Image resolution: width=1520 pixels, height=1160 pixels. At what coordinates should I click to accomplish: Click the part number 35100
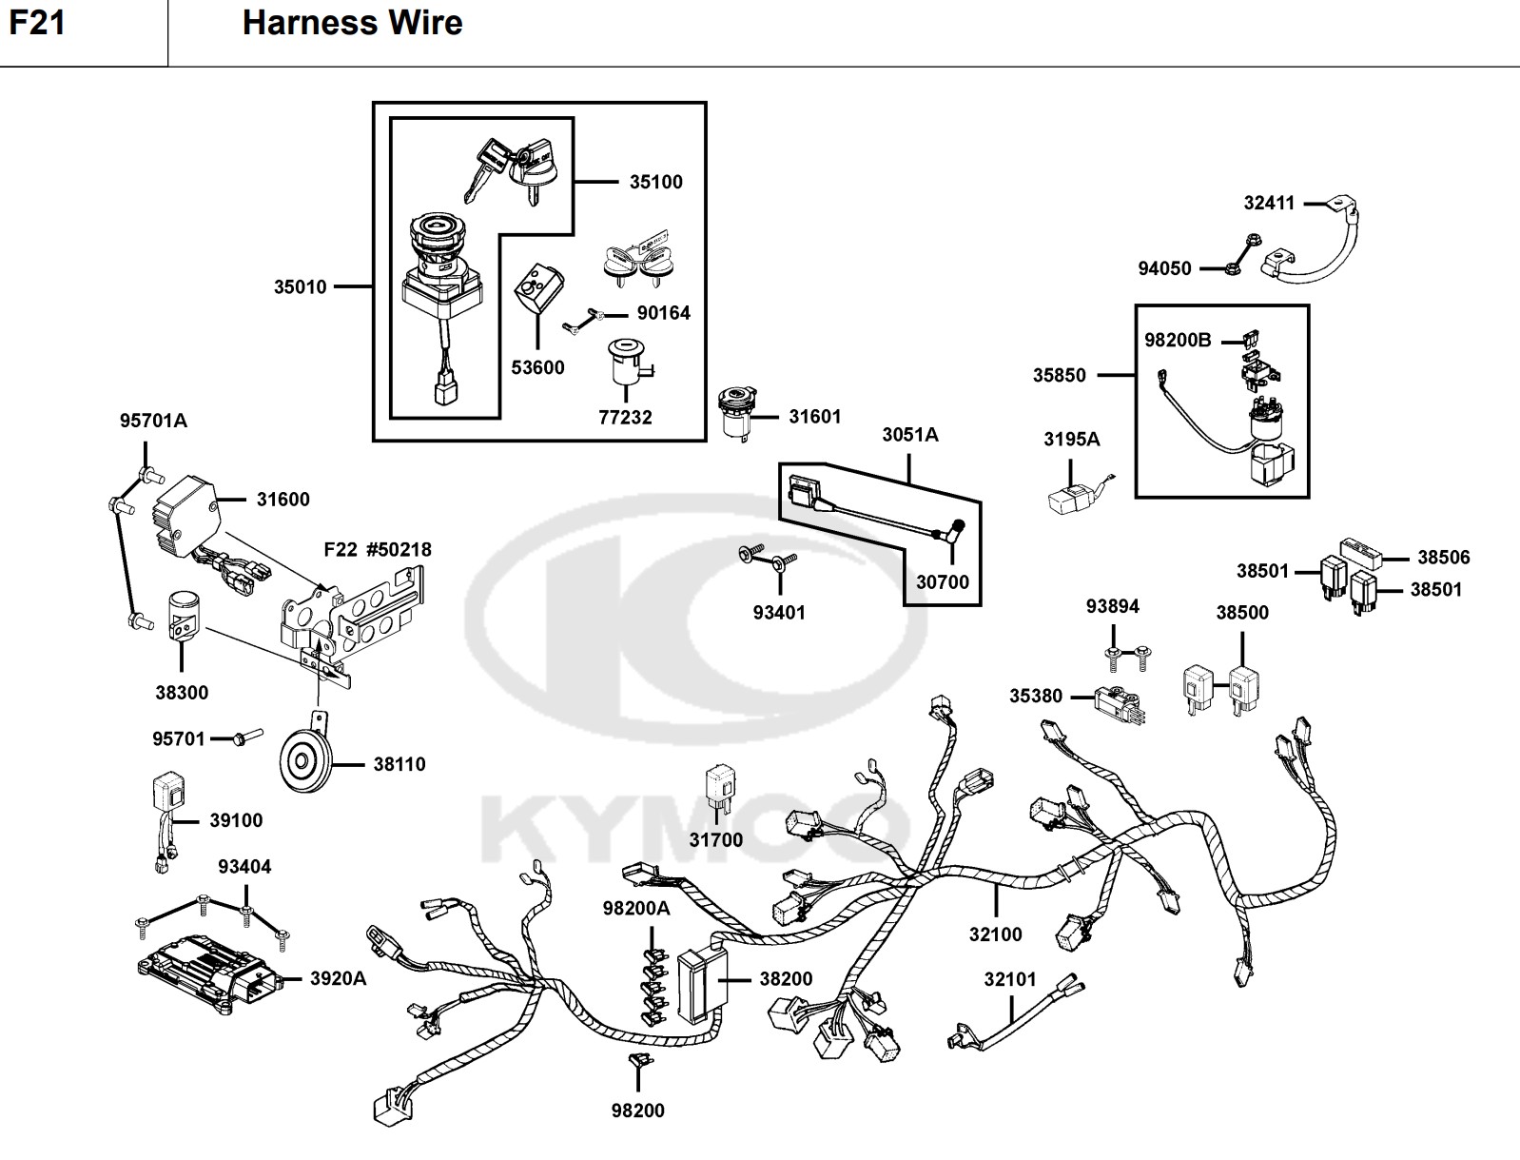point(655,182)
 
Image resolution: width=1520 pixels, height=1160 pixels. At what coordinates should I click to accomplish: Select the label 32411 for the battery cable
point(1269,203)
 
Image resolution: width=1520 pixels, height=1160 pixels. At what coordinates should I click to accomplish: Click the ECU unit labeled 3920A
point(207,973)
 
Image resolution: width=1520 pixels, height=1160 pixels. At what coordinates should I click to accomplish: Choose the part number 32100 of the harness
point(995,934)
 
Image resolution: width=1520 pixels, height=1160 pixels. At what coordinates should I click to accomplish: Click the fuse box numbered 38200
point(699,987)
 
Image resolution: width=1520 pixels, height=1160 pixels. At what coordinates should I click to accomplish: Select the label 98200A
point(635,909)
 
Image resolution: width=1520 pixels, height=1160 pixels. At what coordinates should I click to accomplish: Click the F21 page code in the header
point(37,23)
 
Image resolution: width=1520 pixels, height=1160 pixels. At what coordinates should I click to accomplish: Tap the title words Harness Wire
point(352,23)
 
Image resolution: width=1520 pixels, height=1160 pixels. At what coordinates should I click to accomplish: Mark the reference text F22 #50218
point(377,549)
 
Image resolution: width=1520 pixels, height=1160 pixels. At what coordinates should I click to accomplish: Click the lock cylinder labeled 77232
point(625,362)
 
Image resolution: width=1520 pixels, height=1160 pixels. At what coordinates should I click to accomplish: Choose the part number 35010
point(300,286)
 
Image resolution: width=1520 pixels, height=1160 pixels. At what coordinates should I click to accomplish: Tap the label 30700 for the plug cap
point(942,581)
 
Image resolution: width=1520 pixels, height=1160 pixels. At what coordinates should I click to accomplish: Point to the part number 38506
point(1443,557)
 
